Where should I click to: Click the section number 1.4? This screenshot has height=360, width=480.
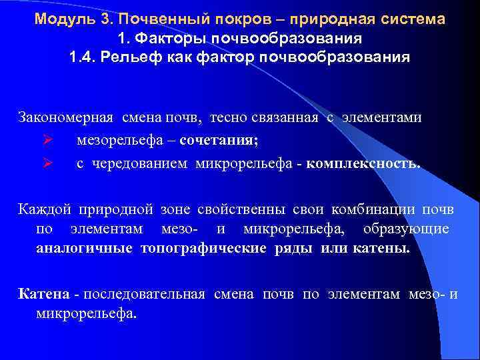coord(83,57)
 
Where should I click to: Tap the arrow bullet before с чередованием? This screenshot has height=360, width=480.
coord(46,163)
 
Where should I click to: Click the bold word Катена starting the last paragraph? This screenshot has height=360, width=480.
coord(43,294)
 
